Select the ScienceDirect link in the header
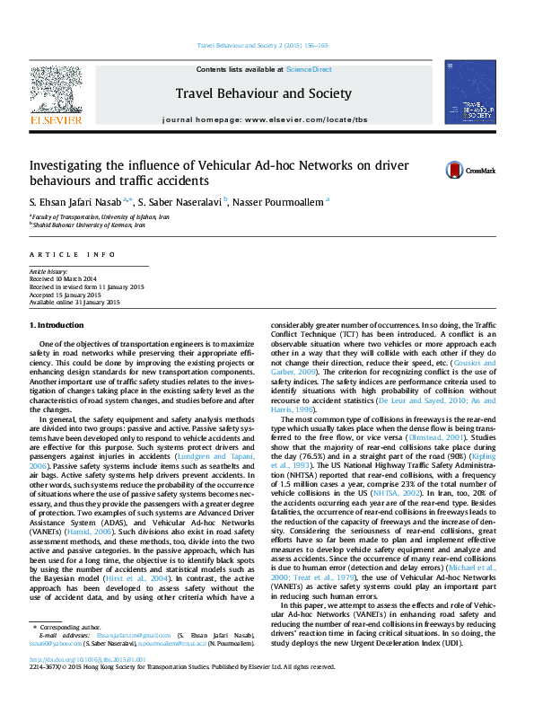[x=309, y=69]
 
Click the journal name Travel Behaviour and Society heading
[x=264, y=92]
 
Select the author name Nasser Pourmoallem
[x=280, y=202]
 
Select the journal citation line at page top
[x=262, y=46]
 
